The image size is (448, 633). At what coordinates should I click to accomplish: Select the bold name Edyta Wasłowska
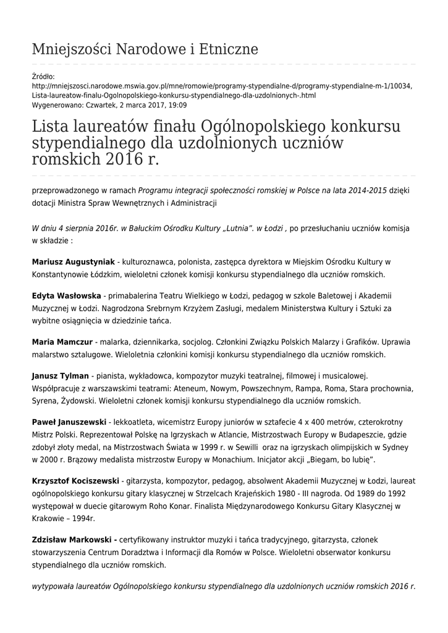(x=67, y=295)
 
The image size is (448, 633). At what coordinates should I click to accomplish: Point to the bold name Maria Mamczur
(x=62, y=342)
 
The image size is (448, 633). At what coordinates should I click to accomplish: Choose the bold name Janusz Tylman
(x=60, y=375)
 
